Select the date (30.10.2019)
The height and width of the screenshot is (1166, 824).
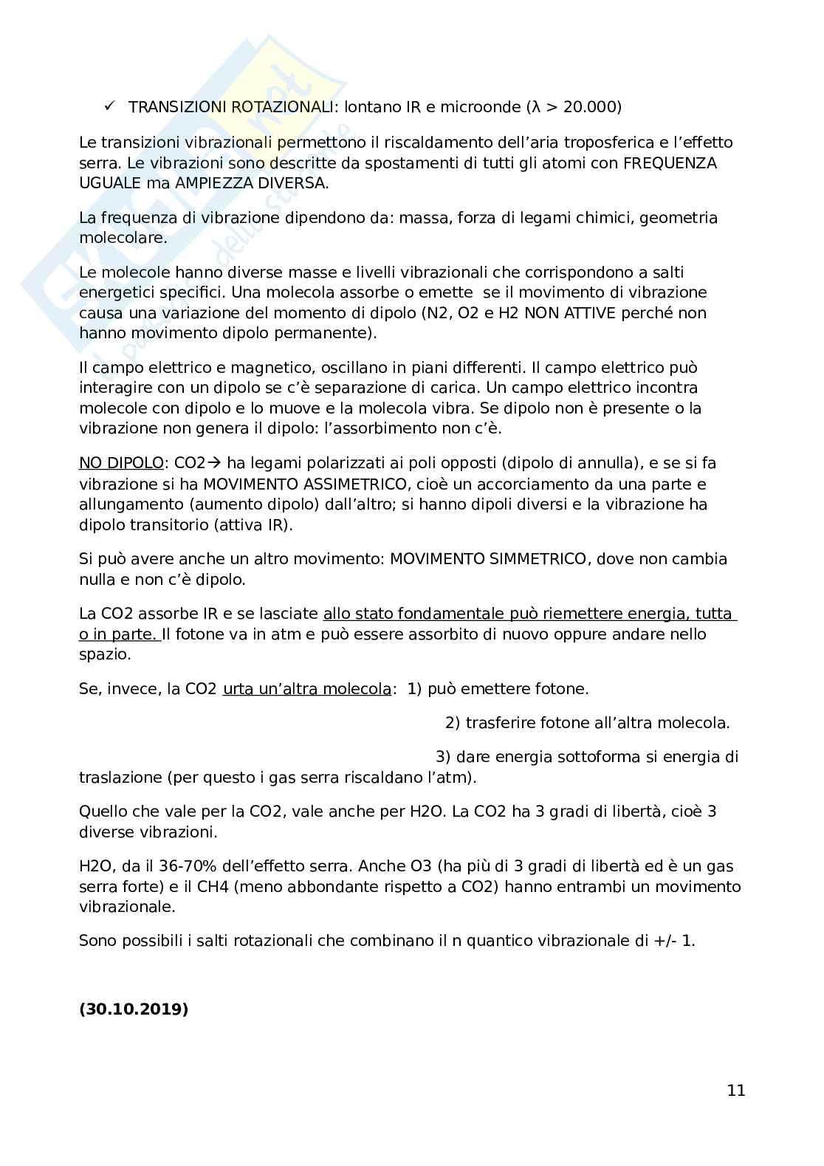tap(134, 1009)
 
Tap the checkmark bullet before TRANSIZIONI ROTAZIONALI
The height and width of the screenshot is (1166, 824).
tap(109, 106)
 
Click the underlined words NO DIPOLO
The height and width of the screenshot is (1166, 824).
tap(121, 463)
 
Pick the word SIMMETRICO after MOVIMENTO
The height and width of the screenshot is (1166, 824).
tap(539, 559)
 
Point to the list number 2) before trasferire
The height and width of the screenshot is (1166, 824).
tap(453, 722)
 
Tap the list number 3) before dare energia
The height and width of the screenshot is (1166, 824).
tap(443, 756)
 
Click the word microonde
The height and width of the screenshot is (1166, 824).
tap(481, 107)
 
